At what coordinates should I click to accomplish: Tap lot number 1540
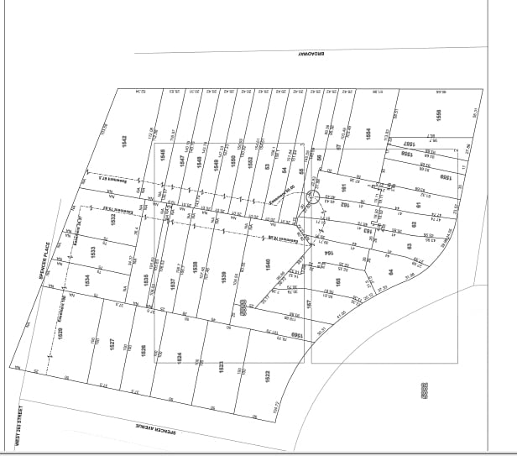pos(268,268)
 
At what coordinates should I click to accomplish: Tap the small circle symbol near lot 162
pos(313,197)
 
